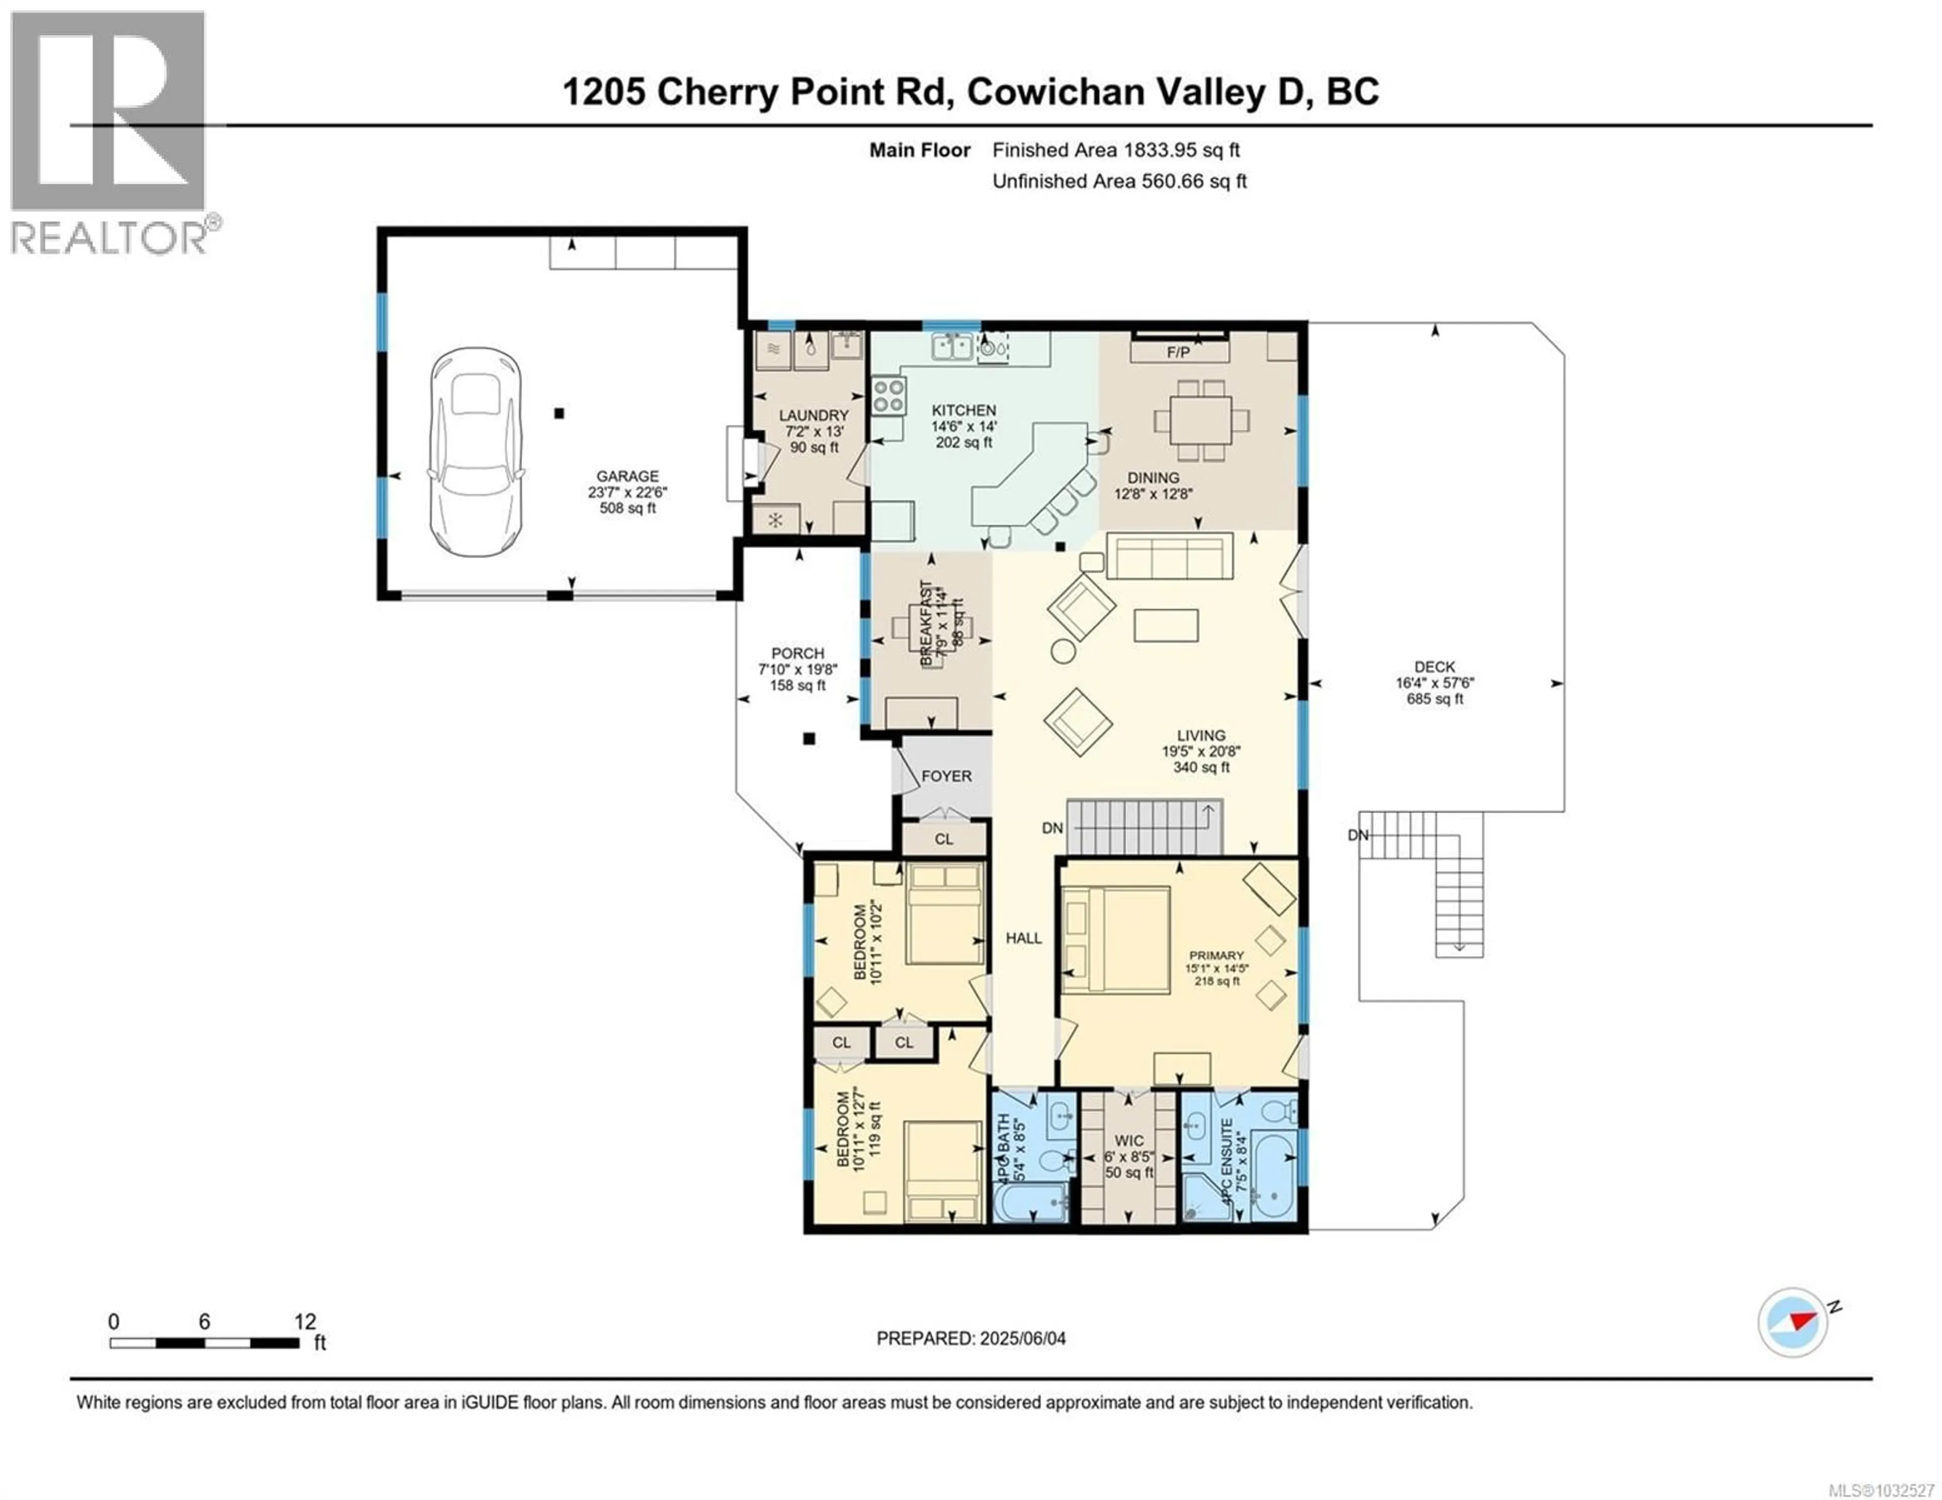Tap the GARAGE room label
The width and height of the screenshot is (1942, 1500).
click(x=627, y=477)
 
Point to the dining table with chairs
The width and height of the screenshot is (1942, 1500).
click(x=1201, y=421)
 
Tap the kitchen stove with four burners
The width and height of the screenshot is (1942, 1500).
click(x=888, y=396)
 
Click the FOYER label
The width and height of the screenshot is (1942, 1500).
click(x=946, y=776)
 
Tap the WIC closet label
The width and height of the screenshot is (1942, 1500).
click(x=1129, y=1141)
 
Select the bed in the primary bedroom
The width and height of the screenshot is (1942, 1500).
click(x=1117, y=940)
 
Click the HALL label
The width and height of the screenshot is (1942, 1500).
click(x=1024, y=938)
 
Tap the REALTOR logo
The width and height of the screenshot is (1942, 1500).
click(x=111, y=133)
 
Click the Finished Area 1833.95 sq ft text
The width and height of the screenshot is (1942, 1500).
click(x=1116, y=150)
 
